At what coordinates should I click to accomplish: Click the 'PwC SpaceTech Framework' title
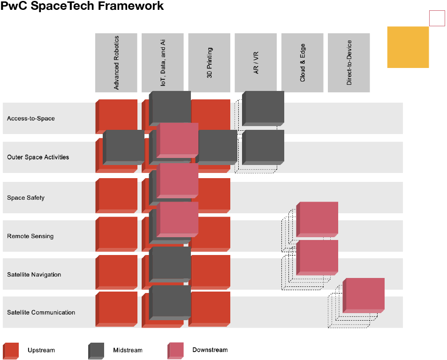point(82,6)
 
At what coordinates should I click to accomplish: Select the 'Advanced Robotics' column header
point(116,63)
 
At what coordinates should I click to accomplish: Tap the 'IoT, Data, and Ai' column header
point(163,63)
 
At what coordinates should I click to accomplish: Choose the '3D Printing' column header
point(209,63)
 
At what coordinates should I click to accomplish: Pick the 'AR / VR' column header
point(256,63)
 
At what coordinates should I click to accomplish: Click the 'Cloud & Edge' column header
point(302,63)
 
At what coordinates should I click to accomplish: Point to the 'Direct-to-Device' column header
point(349,63)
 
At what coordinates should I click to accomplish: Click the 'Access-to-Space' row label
point(31,119)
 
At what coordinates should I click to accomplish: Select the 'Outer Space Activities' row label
point(38,157)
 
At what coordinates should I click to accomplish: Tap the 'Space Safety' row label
point(26,198)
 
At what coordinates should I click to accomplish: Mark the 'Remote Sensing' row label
point(30,236)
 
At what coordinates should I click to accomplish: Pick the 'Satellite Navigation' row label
point(34,275)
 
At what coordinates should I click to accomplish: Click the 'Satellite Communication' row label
point(41,313)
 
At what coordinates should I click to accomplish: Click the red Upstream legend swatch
point(11,351)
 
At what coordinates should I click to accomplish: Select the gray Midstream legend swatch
point(96,351)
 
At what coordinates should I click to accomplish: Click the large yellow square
point(408,47)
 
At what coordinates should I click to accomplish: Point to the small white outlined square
point(437,18)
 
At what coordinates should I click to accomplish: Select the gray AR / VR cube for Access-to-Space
point(263,108)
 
